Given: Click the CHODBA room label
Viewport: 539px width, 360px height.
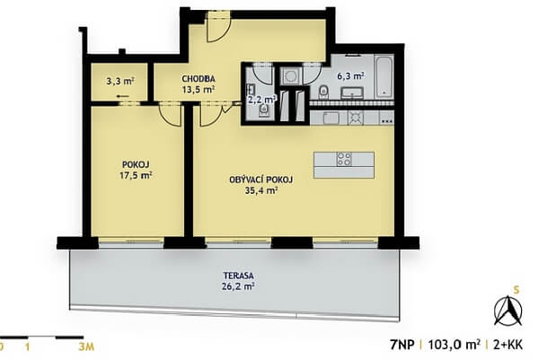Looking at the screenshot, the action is click(199, 79).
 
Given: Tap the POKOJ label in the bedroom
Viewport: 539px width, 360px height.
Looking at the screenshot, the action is click(136, 164).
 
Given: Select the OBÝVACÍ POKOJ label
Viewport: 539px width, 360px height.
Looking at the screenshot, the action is click(261, 180).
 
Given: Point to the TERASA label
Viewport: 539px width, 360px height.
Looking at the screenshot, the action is click(238, 276).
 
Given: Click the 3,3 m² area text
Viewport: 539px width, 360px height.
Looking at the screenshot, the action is click(120, 82).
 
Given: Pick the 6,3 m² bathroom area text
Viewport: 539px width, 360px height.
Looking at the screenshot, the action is click(350, 76).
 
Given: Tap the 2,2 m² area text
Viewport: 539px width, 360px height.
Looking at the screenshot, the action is click(262, 100).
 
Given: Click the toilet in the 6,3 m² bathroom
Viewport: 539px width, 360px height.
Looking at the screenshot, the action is click(323, 92).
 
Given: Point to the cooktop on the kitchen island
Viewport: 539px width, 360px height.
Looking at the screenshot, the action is click(344, 159).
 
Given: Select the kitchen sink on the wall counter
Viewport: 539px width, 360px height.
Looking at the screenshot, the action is click(331, 118).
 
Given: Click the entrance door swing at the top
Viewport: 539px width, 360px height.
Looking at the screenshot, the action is click(218, 27).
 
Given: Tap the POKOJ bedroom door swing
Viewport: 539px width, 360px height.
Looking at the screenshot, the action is click(170, 116).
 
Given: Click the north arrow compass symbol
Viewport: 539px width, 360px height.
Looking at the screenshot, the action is click(508, 311).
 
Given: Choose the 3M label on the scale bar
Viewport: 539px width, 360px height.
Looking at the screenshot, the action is click(85, 347).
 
